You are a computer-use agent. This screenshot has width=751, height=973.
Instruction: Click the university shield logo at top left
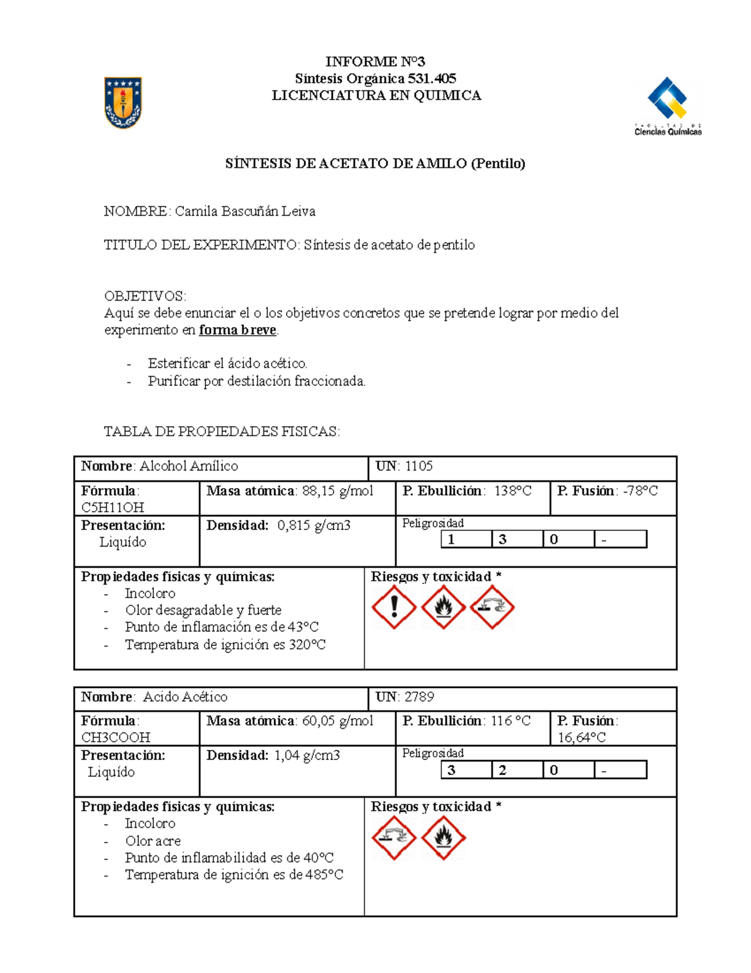pyautogui.click(x=123, y=103)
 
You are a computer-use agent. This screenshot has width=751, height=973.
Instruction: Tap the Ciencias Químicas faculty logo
pyautogui.click(x=668, y=107)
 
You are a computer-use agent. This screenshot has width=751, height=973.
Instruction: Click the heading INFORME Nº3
pyautogui.click(x=375, y=61)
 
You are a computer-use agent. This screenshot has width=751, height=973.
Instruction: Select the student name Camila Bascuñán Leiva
pyautogui.click(x=245, y=211)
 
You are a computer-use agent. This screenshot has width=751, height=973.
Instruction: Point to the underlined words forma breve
pyautogui.click(x=237, y=330)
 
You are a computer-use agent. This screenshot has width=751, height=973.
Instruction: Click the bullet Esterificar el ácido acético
pyautogui.click(x=227, y=363)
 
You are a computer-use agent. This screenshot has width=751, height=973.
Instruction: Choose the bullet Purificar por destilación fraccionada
pyautogui.click(x=257, y=381)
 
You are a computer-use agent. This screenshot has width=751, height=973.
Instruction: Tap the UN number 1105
pyautogui.click(x=419, y=466)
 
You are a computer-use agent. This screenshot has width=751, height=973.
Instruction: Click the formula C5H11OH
pyautogui.click(x=113, y=507)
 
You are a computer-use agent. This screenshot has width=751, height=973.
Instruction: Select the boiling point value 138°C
pyautogui.click(x=513, y=491)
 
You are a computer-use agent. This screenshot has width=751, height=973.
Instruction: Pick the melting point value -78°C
pyautogui.click(x=640, y=491)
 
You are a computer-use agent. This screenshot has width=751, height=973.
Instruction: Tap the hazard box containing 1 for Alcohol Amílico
pyautogui.click(x=466, y=539)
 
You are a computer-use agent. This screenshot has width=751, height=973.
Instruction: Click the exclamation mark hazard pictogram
pyautogui.click(x=394, y=607)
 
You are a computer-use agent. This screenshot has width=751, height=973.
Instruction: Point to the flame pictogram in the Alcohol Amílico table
pyautogui.click(x=443, y=607)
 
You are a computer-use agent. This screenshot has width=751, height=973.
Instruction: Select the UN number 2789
pyautogui.click(x=419, y=697)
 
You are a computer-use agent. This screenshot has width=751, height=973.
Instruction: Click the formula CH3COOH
pyautogui.click(x=116, y=737)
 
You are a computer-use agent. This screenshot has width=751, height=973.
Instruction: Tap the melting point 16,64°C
pyautogui.click(x=581, y=737)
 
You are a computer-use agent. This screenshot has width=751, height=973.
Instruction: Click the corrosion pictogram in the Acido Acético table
pyautogui.click(x=394, y=838)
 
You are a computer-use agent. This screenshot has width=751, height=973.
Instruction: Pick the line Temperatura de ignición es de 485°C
pyautogui.click(x=233, y=875)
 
